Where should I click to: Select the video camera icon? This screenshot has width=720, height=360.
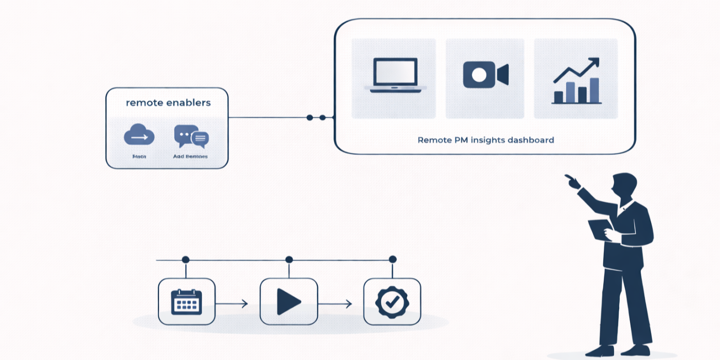(485, 75)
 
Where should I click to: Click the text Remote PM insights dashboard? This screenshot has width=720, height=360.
(485, 140)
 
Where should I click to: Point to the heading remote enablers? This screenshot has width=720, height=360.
(168, 103)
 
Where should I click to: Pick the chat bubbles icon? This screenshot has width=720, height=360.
(191, 136)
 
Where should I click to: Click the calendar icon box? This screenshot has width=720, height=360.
(186, 302)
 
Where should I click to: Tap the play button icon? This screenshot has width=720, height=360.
(289, 302)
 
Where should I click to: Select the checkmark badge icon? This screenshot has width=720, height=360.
(392, 302)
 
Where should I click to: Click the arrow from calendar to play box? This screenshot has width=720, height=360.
(232, 304)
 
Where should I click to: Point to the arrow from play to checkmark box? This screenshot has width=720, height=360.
(335, 304)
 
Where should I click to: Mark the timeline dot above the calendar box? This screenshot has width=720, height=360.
(186, 260)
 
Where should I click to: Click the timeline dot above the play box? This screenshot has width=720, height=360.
(289, 260)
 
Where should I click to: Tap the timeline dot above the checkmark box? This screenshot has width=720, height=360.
(392, 259)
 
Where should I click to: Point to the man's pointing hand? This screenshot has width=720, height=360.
(571, 181)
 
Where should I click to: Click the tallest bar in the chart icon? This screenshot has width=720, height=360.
(595, 91)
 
